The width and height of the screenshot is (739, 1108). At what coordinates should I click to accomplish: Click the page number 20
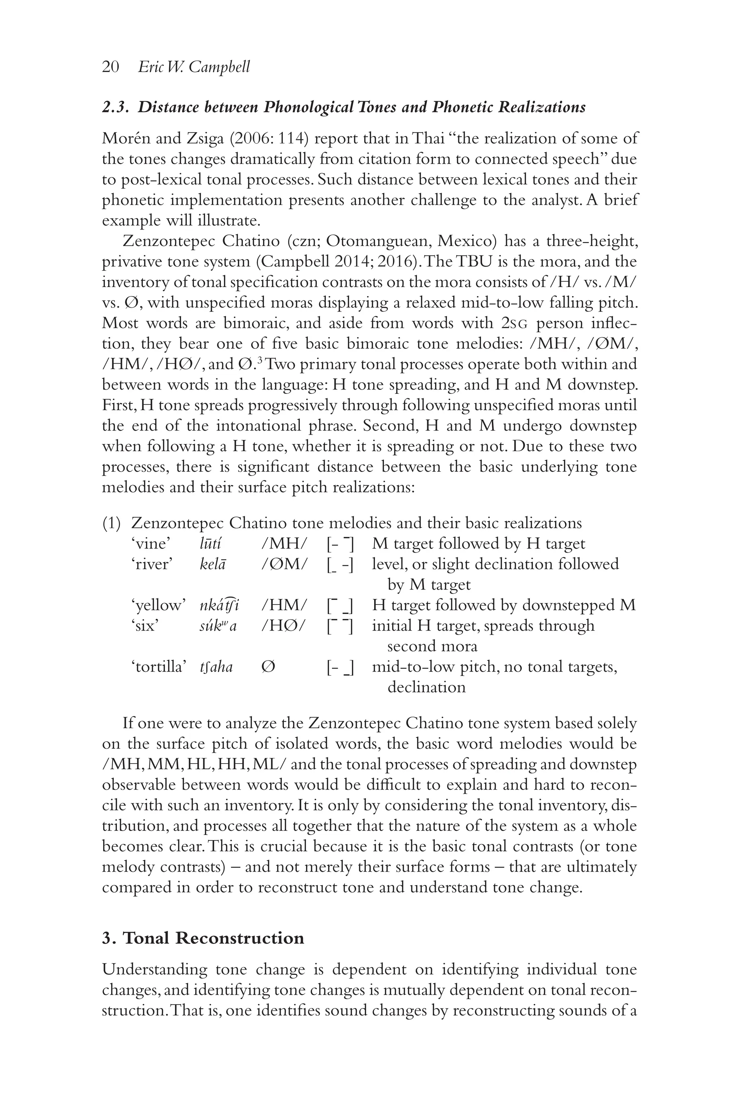point(110,67)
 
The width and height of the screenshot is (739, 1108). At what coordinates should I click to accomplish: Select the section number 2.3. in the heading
point(117,107)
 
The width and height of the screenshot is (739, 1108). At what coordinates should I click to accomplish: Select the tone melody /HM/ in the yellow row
point(284,605)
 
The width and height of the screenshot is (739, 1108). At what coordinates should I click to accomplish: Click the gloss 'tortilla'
point(158,667)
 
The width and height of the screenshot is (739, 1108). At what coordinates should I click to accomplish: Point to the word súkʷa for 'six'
point(218,626)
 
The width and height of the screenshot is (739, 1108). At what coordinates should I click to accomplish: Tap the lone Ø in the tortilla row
point(267,667)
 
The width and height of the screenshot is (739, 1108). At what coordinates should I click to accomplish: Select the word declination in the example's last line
point(426,687)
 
